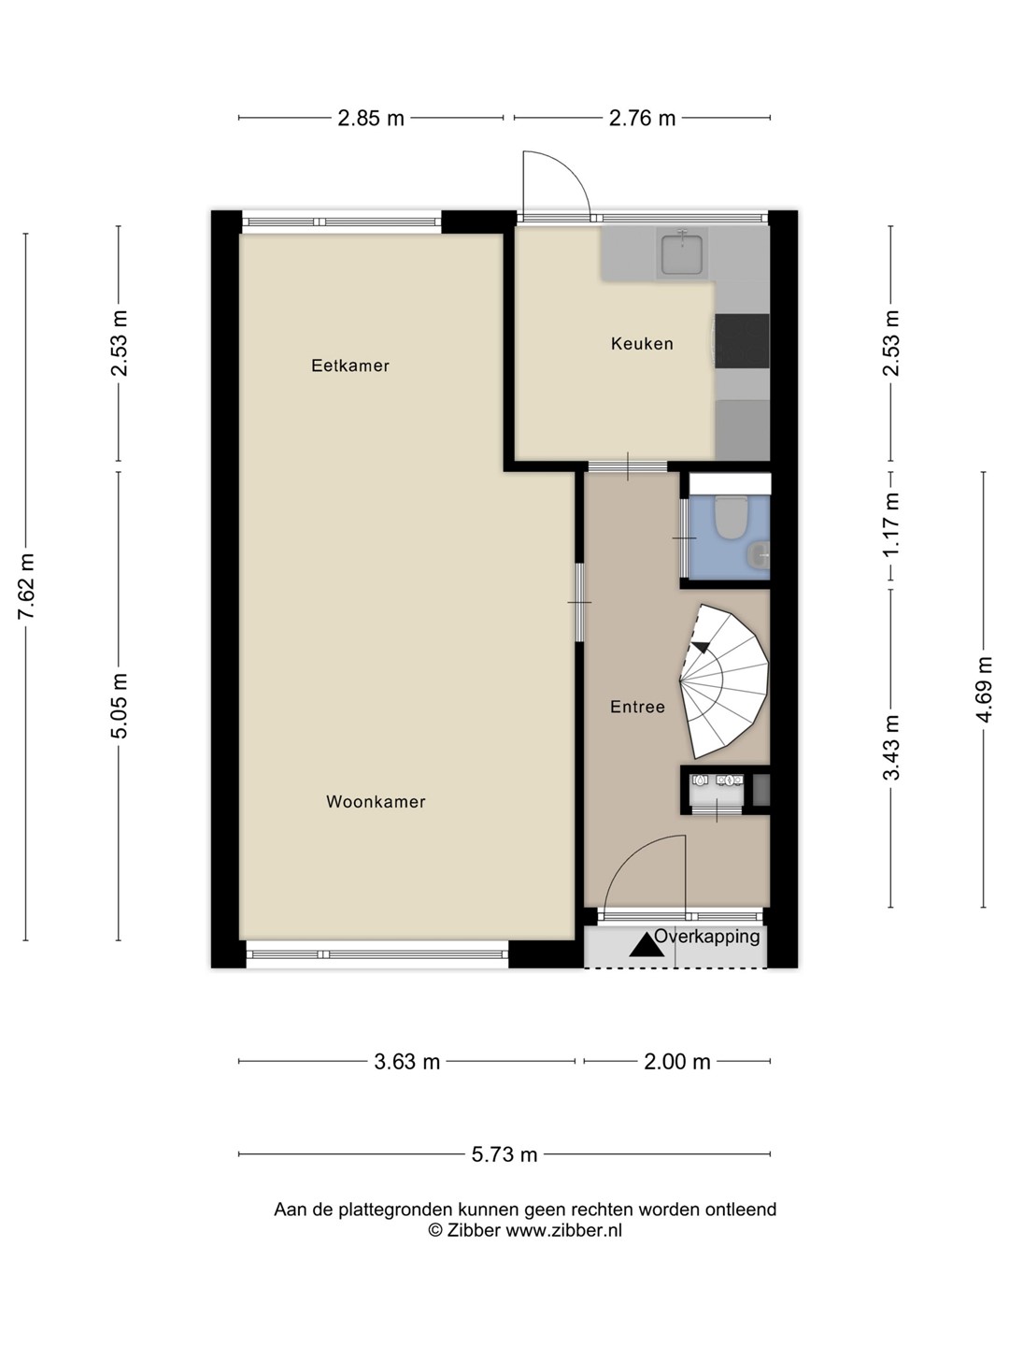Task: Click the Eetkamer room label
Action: pos(349,365)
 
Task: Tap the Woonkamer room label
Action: pos(376,801)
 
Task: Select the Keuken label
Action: pos(642,343)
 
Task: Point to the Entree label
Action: pos(637,707)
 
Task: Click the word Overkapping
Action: pos(707,937)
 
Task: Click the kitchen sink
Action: pos(682,252)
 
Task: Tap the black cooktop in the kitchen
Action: pos(743,341)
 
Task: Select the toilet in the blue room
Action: pos(729,517)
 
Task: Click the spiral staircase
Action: pos(724,681)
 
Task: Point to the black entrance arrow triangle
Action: pos(647,946)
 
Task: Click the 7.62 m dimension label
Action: pos(26,586)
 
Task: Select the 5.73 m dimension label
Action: pos(504,1154)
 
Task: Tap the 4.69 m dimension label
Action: pos(984,689)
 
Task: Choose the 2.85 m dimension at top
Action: pos(371,119)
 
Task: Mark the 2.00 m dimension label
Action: pos(677,1062)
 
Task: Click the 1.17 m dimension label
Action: pos(891,523)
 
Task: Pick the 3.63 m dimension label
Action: pos(406,1062)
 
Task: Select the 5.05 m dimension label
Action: pos(119,705)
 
